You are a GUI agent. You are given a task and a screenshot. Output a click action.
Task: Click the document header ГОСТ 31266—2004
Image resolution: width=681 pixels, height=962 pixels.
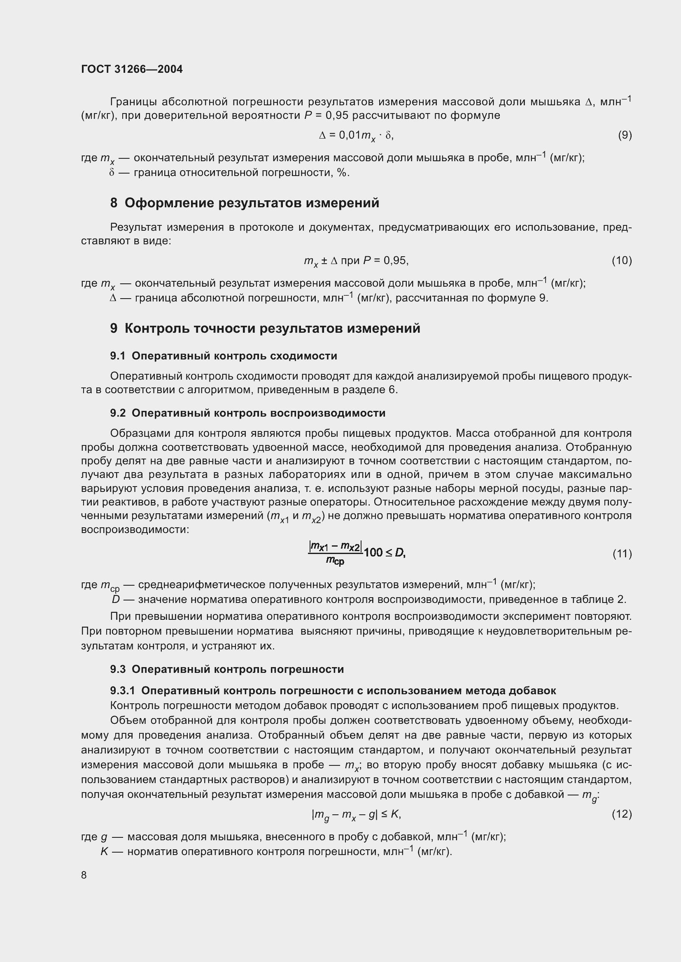pos(132,69)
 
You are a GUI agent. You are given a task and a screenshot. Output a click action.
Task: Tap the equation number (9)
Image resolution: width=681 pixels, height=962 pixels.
pos(625,135)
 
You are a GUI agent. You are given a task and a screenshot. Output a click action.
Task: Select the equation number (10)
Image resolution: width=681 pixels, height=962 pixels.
pos(621,261)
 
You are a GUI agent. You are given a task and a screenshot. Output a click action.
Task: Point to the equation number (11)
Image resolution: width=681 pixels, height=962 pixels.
pos(622,554)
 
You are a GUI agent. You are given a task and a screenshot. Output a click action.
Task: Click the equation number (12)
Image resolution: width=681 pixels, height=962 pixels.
pos(621,814)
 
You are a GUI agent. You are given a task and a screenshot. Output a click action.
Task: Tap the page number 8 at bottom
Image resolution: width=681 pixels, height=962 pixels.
pos(84,875)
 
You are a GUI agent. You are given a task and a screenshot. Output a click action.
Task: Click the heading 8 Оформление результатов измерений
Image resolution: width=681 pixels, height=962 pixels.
pos(245,203)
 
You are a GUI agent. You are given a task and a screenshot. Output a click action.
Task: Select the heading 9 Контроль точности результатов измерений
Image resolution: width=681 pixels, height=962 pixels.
pos(265,328)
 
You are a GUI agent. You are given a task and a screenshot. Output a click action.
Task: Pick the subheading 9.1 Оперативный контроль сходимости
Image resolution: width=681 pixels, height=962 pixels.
pos(224,356)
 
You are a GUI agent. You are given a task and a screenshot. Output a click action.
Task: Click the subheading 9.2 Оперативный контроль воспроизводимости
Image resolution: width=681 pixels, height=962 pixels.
pos(247,413)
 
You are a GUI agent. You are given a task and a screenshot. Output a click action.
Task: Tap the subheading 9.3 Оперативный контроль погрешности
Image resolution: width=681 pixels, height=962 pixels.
pos(227,669)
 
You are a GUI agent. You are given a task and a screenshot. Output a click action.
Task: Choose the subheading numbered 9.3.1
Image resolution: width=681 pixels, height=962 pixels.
pos(333,691)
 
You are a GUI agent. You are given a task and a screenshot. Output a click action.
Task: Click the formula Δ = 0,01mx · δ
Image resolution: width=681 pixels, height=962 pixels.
pos(356,135)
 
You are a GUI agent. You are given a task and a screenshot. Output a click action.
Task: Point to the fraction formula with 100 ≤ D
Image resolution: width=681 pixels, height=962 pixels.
pos(357,553)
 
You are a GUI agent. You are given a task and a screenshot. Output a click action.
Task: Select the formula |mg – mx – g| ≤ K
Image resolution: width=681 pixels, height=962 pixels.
pos(357,814)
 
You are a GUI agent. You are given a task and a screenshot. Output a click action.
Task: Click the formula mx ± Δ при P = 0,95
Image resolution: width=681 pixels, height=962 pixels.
pos(356,261)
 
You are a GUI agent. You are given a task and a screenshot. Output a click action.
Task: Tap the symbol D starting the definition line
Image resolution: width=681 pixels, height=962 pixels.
pos(116,599)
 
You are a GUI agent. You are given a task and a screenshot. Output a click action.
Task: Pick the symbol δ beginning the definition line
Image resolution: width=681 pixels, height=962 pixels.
pos(112,173)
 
